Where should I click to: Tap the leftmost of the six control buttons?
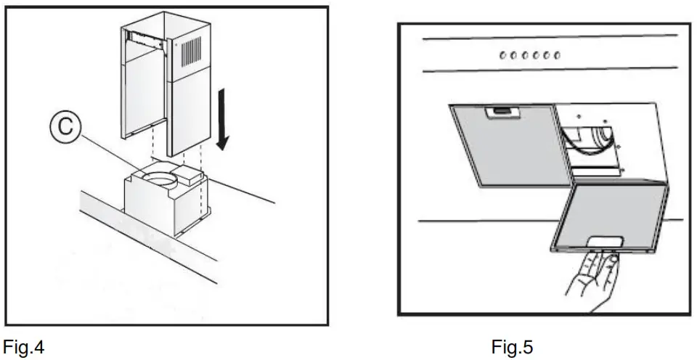coord(502,55)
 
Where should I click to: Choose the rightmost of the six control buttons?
coord(557,55)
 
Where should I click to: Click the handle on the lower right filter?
coord(606,242)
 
